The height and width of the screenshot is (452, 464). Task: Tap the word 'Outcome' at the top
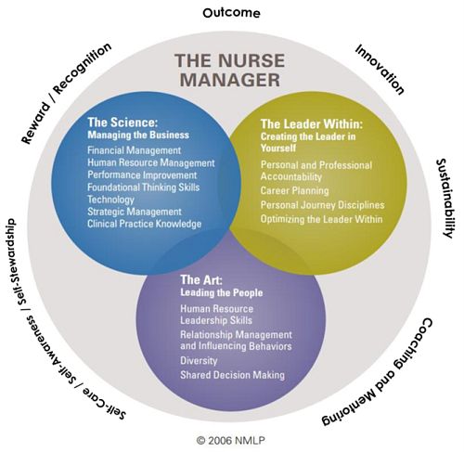tap(230, 13)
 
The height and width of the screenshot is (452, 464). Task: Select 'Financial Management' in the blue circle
tap(135, 149)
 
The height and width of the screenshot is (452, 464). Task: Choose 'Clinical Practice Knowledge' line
tap(148, 223)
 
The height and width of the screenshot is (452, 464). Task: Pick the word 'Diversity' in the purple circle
tap(200, 361)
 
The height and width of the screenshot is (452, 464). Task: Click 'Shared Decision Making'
tap(233, 375)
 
